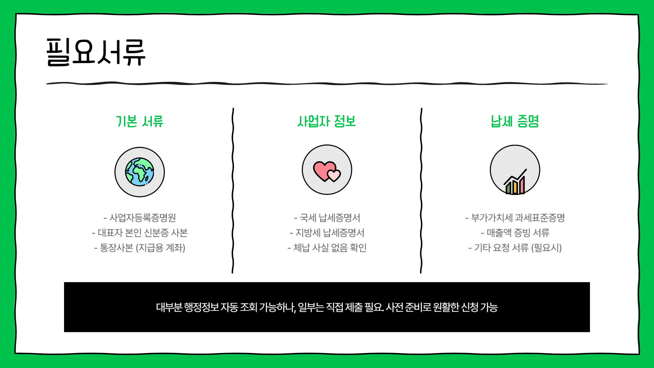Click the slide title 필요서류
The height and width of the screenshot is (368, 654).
pos(96,52)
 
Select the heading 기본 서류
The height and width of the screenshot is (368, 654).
pos(140,121)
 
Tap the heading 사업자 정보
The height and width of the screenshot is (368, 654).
pos(326,121)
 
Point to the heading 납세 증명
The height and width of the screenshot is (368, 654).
pos(515,121)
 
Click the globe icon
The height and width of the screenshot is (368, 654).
pos(139,172)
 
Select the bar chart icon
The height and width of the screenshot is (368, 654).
pos(515,183)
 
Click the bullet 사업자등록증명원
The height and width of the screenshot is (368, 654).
pos(140,218)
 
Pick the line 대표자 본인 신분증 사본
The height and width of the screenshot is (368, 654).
pos(140,233)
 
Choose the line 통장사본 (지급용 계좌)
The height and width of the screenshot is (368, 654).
pos(140,248)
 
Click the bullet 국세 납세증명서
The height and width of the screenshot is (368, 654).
pos(327,218)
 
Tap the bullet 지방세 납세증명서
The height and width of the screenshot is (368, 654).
pos(327,233)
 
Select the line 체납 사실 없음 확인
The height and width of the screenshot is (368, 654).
pos(327,248)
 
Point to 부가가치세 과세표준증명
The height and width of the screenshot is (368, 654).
pos(515,218)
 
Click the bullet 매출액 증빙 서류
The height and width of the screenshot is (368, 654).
pos(515,233)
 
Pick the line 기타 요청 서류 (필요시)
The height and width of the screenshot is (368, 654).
pos(515,248)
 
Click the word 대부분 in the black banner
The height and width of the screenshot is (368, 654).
pos(169,307)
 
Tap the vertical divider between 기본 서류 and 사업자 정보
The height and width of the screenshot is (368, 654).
pos(233,191)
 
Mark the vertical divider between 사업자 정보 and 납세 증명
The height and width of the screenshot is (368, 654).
pos(421,191)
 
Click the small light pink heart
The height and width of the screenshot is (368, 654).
pos(334,175)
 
